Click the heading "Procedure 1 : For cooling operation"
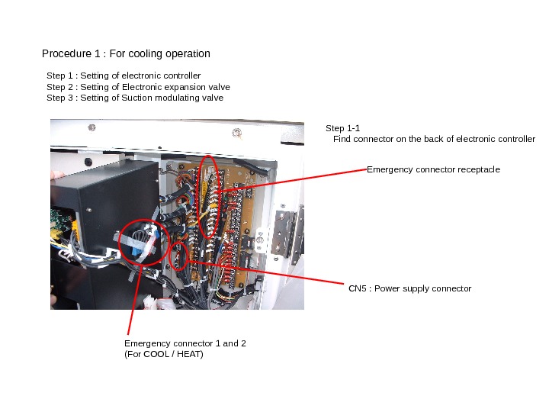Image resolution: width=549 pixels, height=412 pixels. click(126, 54)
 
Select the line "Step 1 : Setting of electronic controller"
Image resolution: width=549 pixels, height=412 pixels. click(124, 76)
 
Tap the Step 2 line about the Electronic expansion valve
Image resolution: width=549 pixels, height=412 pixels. click(138, 87)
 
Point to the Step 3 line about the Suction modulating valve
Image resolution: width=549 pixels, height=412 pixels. click(135, 98)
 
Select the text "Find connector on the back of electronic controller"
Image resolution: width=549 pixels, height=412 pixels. click(434, 139)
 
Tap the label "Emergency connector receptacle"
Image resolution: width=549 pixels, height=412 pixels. click(433, 169)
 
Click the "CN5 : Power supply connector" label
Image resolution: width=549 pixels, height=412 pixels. click(409, 288)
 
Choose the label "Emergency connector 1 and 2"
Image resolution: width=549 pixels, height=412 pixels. click(185, 344)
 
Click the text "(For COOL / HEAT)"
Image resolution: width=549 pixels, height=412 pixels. click(163, 355)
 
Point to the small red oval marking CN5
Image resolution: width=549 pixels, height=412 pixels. click(178, 256)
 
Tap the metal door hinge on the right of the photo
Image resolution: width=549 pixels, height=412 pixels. click(284, 232)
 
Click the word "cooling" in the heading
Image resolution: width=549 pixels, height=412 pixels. click(173, 54)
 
